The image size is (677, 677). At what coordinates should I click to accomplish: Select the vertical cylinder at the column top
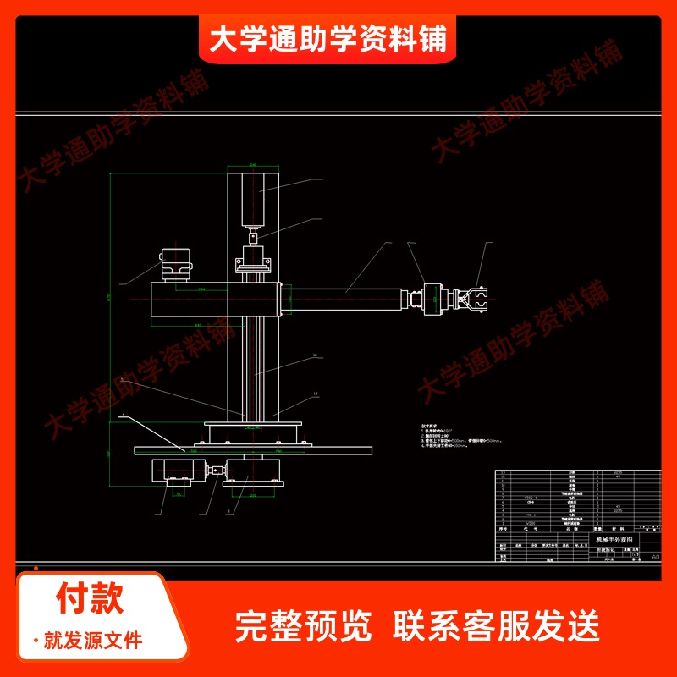tap(255, 199)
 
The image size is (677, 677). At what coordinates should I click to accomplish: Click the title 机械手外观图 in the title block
tap(614, 539)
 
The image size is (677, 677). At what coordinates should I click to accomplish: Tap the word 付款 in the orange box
tap(90, 599)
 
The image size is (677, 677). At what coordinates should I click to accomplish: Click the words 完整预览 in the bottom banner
tap(303, 626)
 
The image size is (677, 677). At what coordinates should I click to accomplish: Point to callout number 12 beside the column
tap(314, 355)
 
